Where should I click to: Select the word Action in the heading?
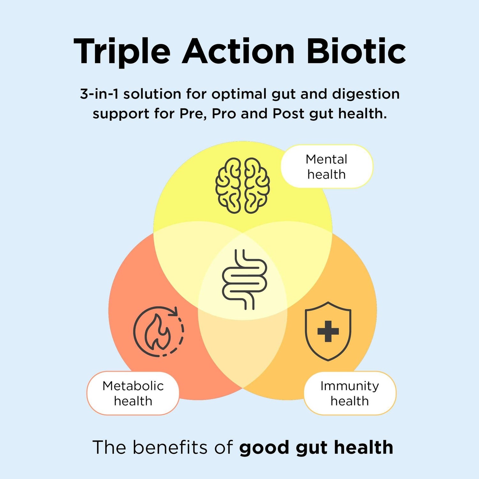pyautogui.click(x=238, y=51)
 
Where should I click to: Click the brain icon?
pyautogui.click(x=243, y=186)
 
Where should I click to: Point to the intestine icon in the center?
pyautogui.click(x=244, y=279)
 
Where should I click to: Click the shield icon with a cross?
pyautogui.click(x=328, y=331)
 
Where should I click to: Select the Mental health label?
pyautogui.click(x=327, y=166)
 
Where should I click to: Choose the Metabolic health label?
pyautogui.click(x=133, y=393)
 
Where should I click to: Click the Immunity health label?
pyautogui.click(x=350, y=393)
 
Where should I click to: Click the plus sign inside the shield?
pyautogui.click(x=328, y=331)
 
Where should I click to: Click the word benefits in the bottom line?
pyautogui.click(x=170, y=447)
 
